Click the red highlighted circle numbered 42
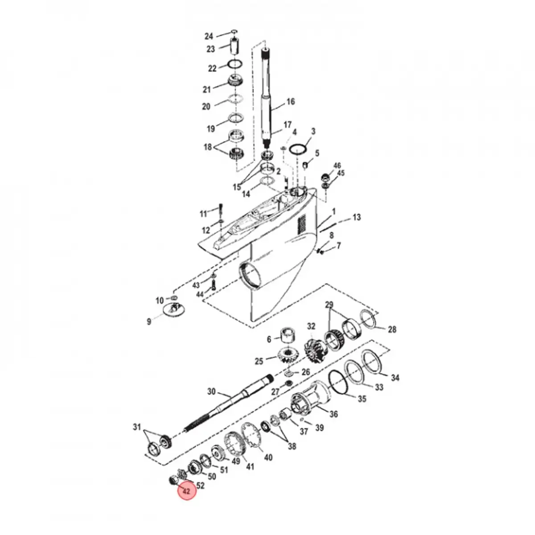187,491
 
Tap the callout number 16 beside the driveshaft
290,102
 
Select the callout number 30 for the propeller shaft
211,392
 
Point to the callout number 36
333,414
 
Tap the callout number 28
391,330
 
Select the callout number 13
357,218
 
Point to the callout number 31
136,427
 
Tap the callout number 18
208,148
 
